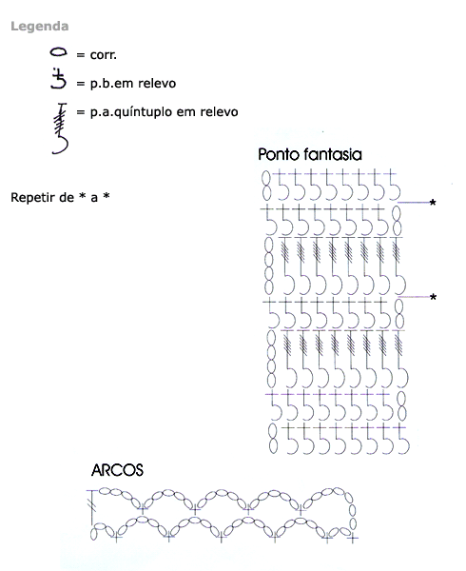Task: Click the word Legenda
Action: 40,27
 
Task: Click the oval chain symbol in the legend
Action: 58,52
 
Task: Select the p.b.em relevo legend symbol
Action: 59,78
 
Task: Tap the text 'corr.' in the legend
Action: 104,54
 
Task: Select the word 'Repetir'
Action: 33,197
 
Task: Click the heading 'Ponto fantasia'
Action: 310,154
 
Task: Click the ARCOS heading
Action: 117,470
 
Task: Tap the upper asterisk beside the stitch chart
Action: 433,203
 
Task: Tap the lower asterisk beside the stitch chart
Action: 433,297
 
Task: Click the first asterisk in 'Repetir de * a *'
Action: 83,196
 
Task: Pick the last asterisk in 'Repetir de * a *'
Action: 107,196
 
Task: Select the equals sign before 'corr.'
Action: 81,55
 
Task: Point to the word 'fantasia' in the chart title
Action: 333,154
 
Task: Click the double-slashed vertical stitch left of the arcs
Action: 92,508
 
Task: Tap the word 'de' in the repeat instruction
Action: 68,197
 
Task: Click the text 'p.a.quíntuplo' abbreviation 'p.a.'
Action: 102,112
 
